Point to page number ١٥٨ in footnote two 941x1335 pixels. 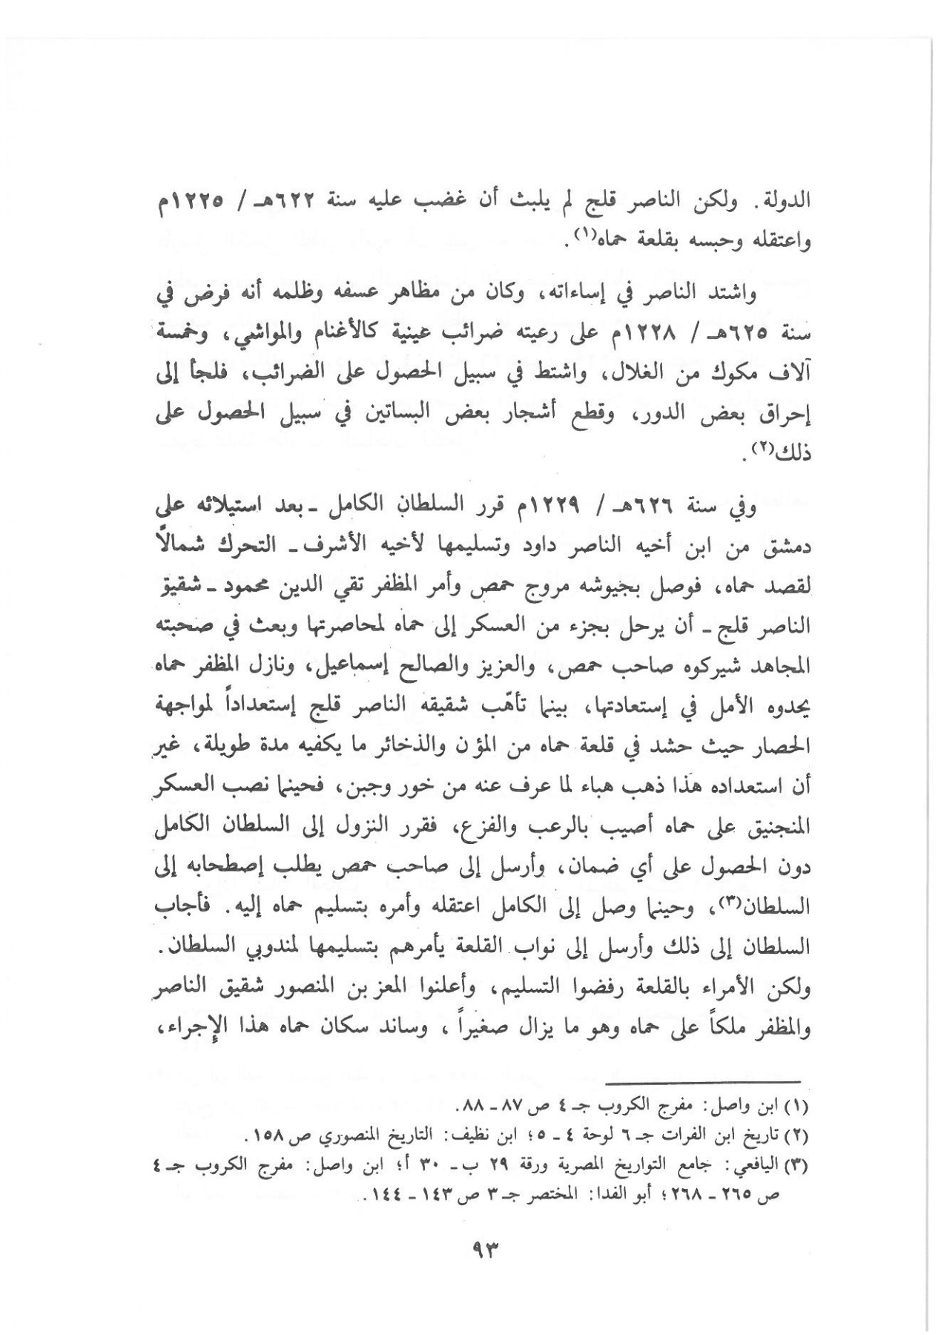coord(262,1135)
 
